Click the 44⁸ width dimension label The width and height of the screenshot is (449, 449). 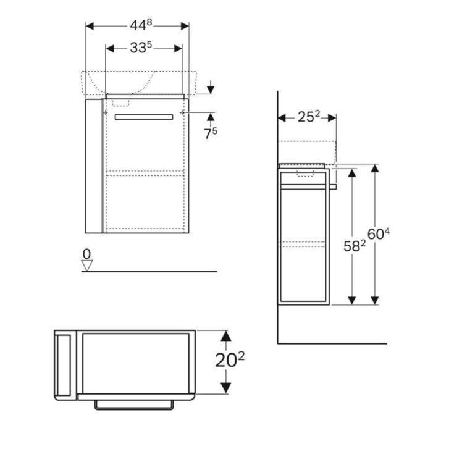click(x=141, y=25)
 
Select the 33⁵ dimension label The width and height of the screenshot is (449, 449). click(x=141, y=48)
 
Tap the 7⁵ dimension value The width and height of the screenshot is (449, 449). click(x=211, y=133)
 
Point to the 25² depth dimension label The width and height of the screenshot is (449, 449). click(x=309, y=117)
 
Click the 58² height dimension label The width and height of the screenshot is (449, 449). click(x=355, y=246)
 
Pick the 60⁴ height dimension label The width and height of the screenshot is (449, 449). click(x=379, y=234)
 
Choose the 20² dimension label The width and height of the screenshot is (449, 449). click(x=230, y=359)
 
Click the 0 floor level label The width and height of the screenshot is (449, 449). click(x=86, y=254)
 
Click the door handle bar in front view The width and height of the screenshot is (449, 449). click(x=144, y=117)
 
